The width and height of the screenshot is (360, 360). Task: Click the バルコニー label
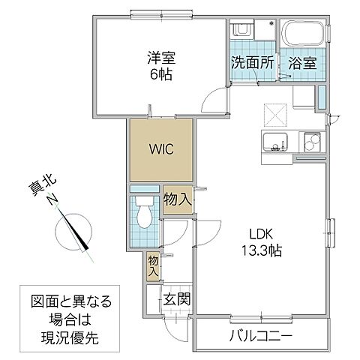[260, 334]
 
